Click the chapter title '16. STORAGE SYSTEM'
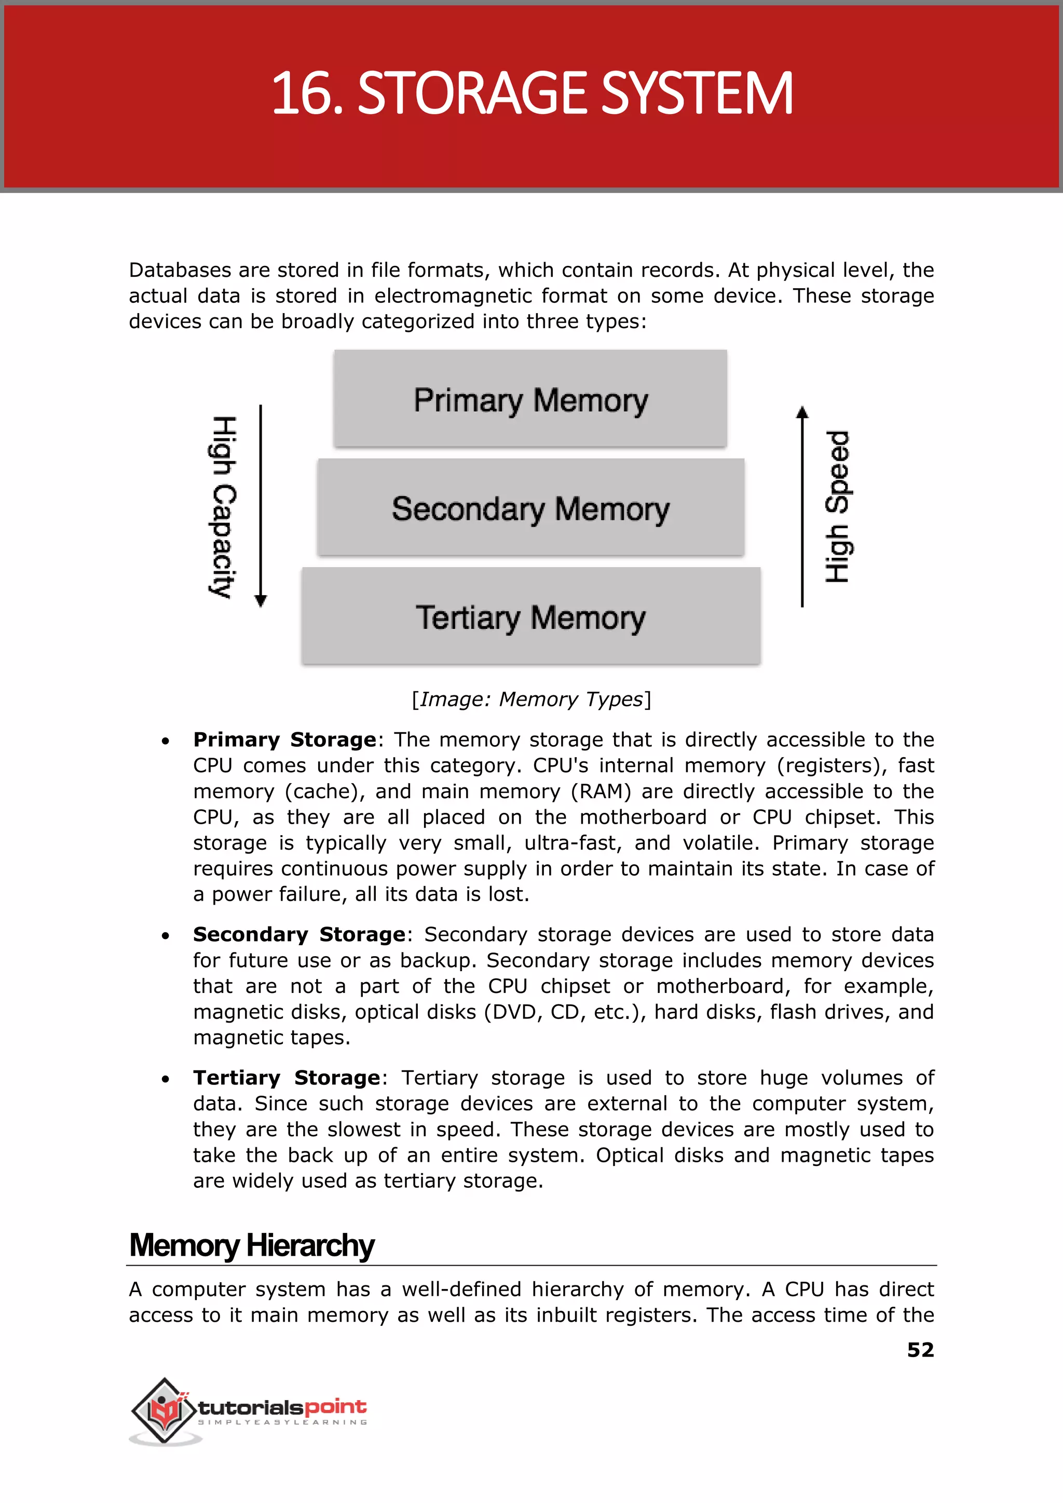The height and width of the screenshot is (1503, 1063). tap(531, 93)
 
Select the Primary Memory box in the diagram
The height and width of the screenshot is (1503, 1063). tap(530, 399)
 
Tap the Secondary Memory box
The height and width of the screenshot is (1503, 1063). tap(530, 507)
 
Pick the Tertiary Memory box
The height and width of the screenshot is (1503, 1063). tap(530, 616)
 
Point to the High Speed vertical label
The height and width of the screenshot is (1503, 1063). tap(837, 506)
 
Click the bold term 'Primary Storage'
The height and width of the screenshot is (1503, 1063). tap(285, 740)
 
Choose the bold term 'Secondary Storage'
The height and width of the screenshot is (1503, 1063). tap(299, 934)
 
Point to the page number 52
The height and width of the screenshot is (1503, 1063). tap(920, 1350)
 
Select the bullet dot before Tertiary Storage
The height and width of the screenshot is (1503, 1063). tap(166, 1079)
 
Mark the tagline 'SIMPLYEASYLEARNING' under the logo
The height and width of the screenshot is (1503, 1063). tap(282, 1423)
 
